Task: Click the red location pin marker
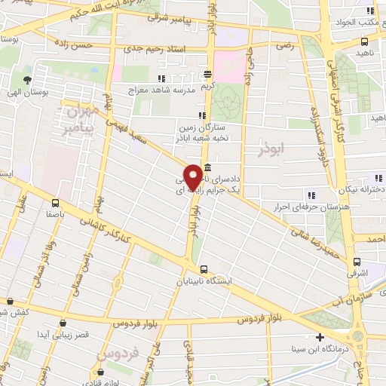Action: coord(193,176)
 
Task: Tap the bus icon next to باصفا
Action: coord(56,203)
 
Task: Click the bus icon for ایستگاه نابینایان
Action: coord(204,269)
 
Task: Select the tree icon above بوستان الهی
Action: coord(28,80)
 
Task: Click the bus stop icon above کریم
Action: coord(207,75)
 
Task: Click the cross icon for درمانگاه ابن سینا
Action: coord(320,337)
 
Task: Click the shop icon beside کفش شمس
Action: coord(11,301)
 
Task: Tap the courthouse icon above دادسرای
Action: coord(207,168)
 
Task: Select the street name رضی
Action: coord(285,45)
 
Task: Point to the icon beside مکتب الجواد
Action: coord(369,11)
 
